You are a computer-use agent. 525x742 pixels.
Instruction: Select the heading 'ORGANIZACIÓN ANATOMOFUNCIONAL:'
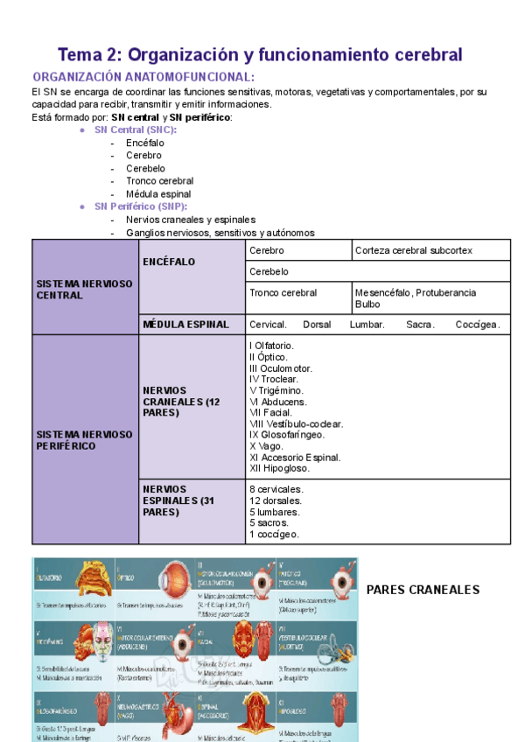click(x=143, y=78)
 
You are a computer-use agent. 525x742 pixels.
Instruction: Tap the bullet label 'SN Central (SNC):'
click(x=135, y=129)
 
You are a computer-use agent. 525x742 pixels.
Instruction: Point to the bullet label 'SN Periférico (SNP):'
click(x=141, y=206)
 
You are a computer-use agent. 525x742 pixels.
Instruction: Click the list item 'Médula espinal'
click(x=158, y=193)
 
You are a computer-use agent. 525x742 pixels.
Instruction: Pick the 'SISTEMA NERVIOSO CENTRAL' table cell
click(x=84, y=290)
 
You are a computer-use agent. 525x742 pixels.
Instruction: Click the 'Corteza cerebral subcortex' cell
click(x=414, y=250)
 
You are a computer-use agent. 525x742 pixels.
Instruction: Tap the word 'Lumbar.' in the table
click(x=367, y=325)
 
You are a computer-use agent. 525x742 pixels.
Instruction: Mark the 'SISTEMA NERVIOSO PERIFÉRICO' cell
click(x=84, y=439)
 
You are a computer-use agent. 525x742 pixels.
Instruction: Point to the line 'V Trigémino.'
click(x=277, y=390)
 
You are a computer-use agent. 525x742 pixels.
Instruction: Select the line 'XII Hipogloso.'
click(x=279, y=468)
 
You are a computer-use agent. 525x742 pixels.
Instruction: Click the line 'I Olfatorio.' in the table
click(x=271, y=346)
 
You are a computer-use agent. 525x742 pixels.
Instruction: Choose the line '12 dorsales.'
click(x=276, y=500)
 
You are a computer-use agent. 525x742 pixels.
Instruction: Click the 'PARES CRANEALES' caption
click(x=423, y=590)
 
